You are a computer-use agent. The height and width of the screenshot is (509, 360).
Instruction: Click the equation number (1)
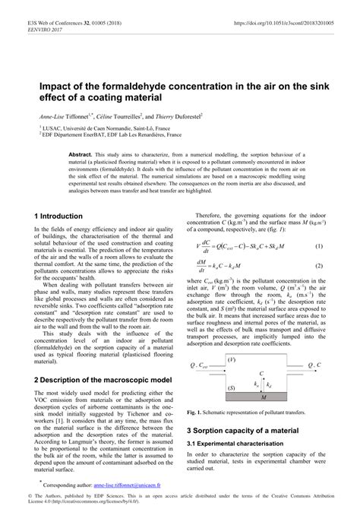click(x=319, y=247)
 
